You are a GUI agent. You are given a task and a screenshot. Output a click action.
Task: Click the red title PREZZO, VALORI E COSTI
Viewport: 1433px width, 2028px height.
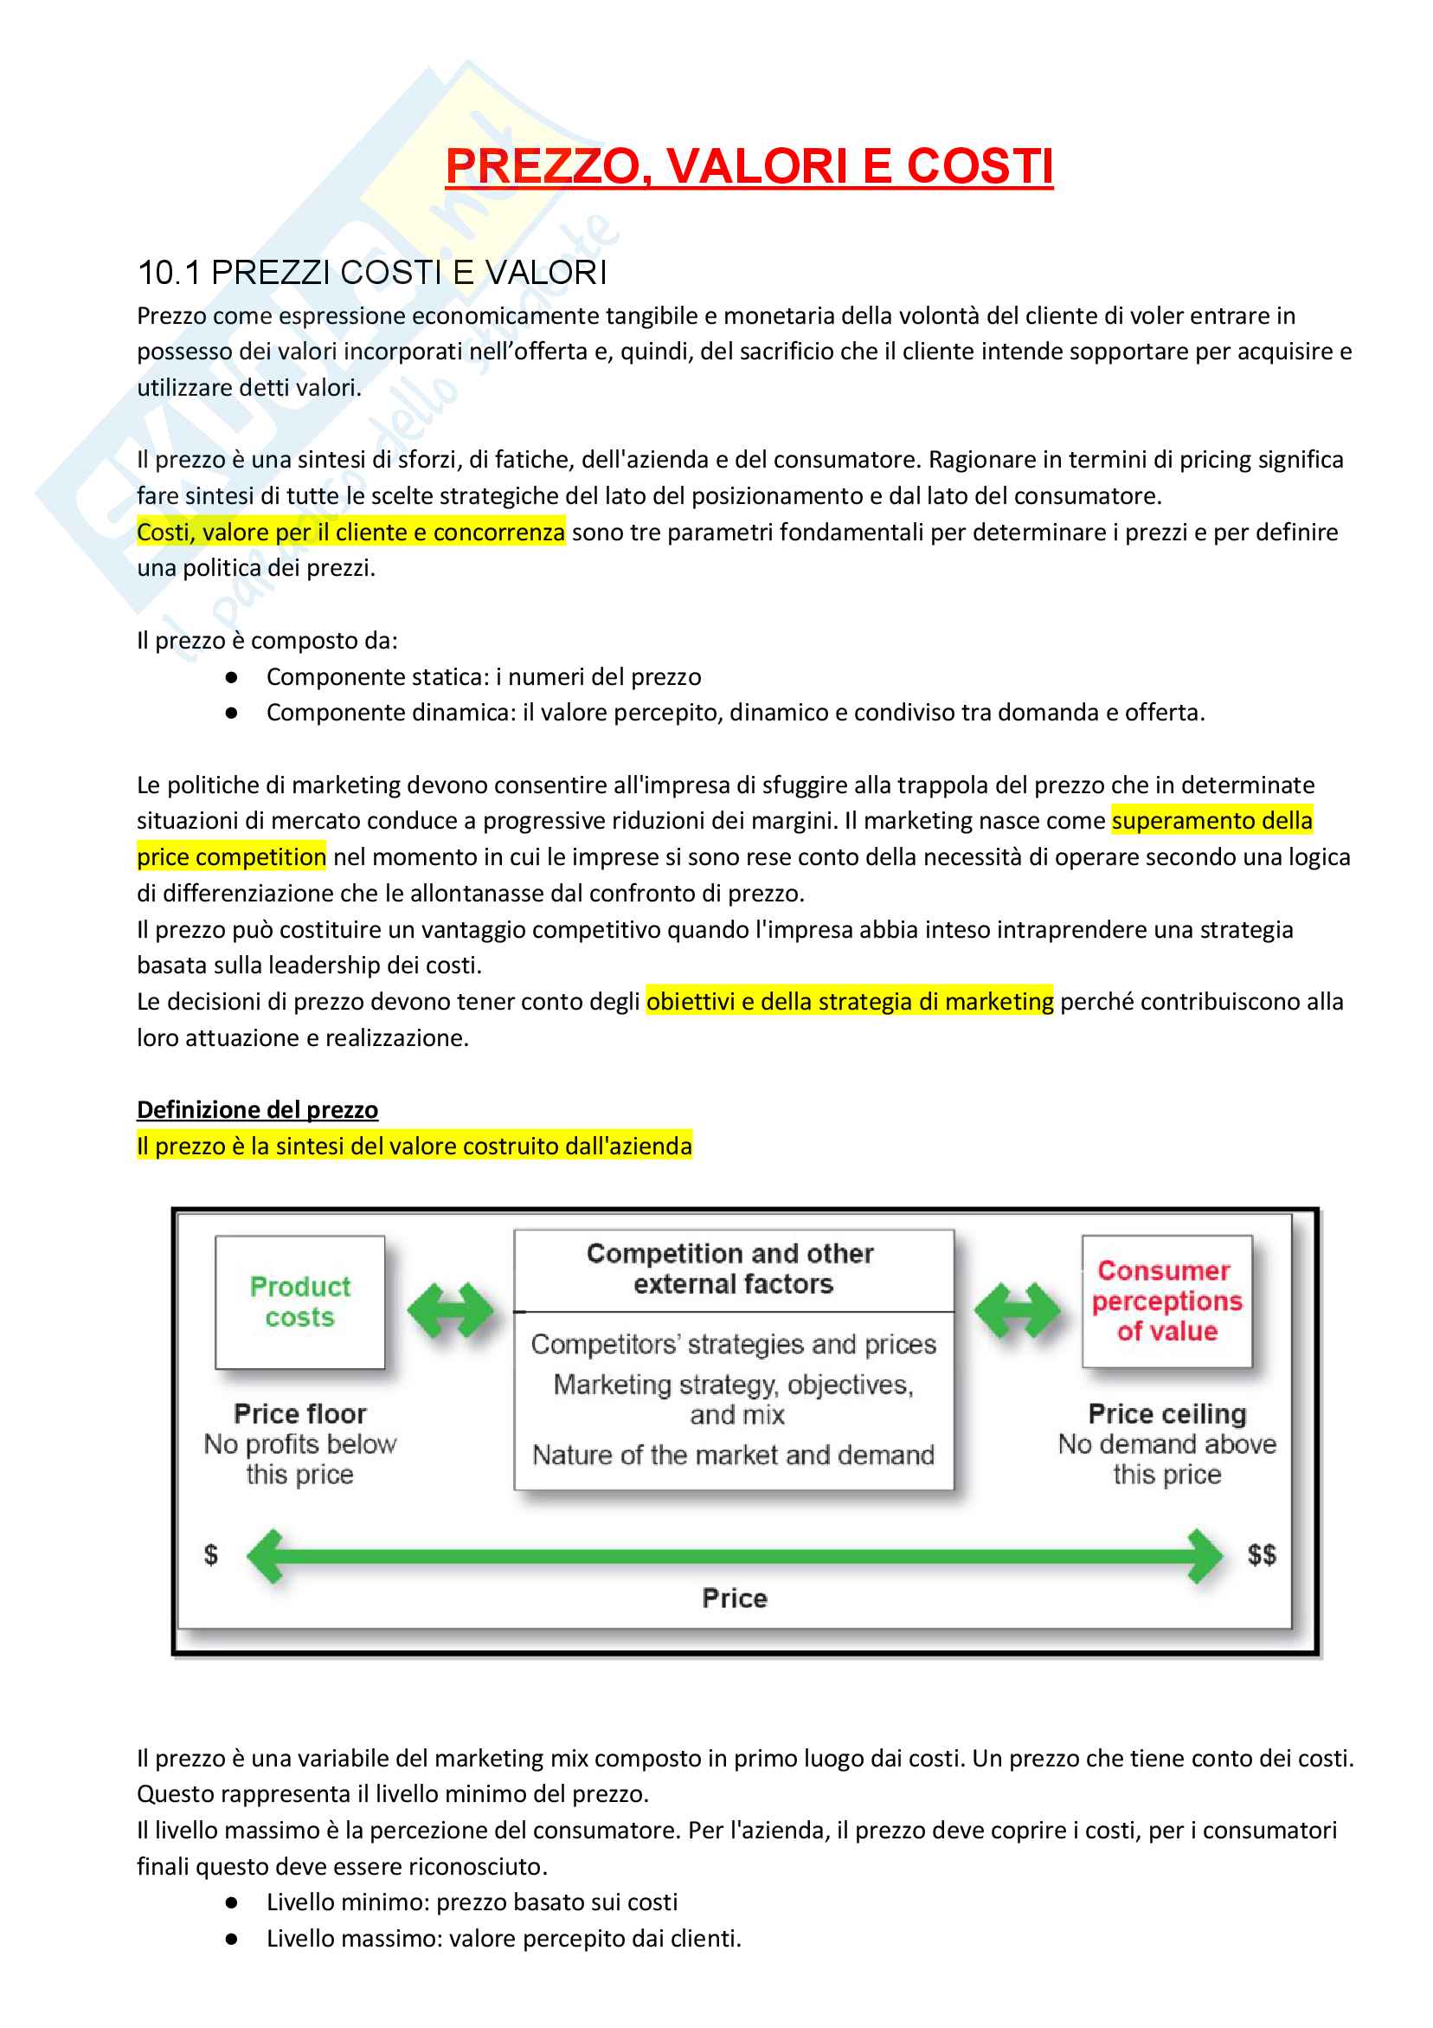(x=748, y=166)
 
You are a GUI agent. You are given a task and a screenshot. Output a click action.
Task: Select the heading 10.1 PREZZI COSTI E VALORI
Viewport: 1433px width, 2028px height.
(x=372, y=273)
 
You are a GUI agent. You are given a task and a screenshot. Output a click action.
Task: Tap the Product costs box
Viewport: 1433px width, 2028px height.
(x=299, y=1301)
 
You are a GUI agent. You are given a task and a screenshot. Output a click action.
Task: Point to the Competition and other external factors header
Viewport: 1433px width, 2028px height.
(x=732, y=1269)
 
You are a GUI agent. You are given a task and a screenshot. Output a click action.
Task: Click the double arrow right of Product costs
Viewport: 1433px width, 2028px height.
(x=450, y=1310)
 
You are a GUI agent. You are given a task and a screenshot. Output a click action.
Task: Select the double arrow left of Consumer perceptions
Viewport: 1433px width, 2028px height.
(x=1017, y=1310)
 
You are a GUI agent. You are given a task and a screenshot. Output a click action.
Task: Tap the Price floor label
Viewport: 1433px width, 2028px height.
(x=299, y=1413)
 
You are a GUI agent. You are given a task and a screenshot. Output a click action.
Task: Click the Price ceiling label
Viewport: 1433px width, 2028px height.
(x=1166, y=1413)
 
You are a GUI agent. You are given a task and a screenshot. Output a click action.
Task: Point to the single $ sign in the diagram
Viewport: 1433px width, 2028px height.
(x=211, y=1553)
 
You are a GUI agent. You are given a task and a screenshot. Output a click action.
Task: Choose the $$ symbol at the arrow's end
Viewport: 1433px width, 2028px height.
(x=1261, y=1553)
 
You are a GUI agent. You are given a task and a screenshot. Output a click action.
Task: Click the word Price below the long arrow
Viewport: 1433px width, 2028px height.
(x=735, y=1598)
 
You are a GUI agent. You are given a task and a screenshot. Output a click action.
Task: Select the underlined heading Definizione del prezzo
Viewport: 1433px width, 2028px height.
(x=257, y=1109)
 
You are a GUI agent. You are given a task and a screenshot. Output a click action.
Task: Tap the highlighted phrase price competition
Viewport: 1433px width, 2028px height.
(x=231, y=856)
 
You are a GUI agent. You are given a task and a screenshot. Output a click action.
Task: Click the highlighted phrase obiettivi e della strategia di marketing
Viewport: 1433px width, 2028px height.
(x=850, y=1001)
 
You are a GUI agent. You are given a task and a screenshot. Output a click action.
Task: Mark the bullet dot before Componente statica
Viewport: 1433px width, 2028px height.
(x=231, y=677)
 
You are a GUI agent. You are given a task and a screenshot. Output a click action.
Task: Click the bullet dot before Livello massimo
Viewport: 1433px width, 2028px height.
(x=231, y=1939)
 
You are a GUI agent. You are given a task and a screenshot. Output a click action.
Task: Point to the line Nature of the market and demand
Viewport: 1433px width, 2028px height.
(x=733, y=1455)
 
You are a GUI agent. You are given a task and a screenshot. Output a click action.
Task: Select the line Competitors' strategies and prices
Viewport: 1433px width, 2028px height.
(x=733, y=1344)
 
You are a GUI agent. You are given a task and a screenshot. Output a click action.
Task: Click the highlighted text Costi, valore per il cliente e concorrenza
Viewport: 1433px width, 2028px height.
(x=350, y=532)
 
